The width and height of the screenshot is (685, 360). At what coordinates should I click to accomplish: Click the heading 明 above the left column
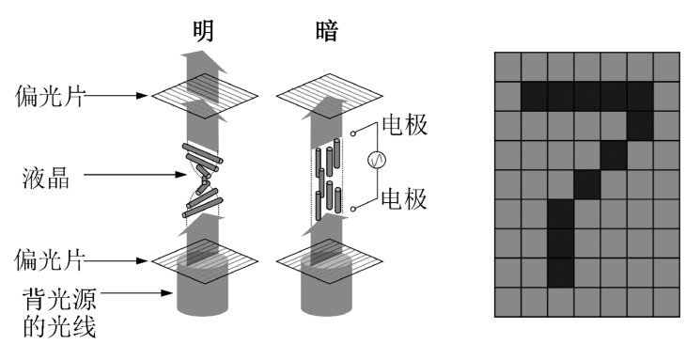pyautogui.click(x=204, y=31)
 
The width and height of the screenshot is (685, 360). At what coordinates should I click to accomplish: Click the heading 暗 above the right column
pyautogui.click(x=327, y=31)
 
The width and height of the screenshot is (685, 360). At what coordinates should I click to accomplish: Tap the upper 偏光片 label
pyautogui.click(x=50, y=96)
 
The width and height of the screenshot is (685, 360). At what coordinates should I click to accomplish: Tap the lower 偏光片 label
pyautogui.click(x=49, y=260)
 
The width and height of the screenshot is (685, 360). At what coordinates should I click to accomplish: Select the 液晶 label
pyautogui.click(x=46, y=179)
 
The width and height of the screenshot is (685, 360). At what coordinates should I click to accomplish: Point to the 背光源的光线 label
pyautogui.click(x=59, y=312)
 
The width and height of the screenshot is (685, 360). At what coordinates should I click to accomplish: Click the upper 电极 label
pyautogui.click(x=405, y=124)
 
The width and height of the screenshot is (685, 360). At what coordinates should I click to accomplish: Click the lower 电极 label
pyautogui.click(x=404, y=199)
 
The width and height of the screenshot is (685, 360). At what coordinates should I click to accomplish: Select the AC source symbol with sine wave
pyautogui.click(x=378, y=160)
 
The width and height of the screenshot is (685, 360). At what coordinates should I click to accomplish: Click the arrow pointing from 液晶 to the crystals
pyautogui.click(x=135, y=175)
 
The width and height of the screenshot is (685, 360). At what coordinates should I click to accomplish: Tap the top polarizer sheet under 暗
pyautogui.click(x=330, y=96)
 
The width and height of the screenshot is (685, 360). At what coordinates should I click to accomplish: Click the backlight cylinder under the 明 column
pyautogui.click(x=203, y=286)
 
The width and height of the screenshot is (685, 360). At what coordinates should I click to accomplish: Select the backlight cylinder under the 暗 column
pyautogui.click(x=327, y=286)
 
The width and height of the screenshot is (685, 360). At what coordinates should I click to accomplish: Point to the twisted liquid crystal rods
pyautogui.click(x=203, y=180)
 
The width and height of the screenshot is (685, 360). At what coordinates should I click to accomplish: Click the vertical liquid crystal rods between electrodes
pyautogui.click(x=328, y=180)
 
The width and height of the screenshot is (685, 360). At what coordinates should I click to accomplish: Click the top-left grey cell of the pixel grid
pyautogui.click(x=508, y=68)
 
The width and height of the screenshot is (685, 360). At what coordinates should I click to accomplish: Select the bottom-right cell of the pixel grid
pyautogui.click(x=666, y=303)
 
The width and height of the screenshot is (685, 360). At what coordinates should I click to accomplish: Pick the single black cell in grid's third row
pyautogui.click(x=641, y=126)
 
